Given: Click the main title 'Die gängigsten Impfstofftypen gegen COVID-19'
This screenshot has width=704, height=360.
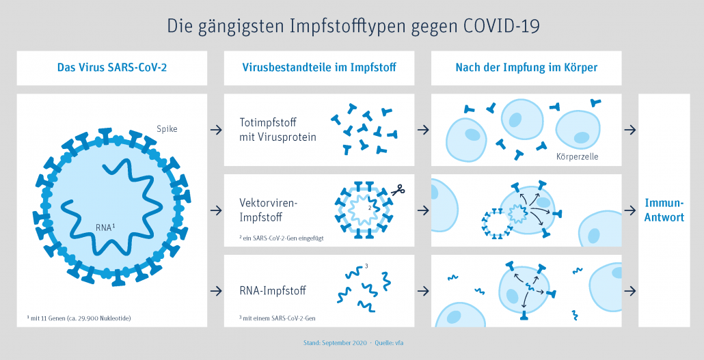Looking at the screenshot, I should click(353, 26).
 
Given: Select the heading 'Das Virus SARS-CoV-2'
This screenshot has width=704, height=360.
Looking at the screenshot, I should click(112, 68).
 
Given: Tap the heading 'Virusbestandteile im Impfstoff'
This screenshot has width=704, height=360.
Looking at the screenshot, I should click(319, 68).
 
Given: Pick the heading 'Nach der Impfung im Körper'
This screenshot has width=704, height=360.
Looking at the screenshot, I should click(526, 68).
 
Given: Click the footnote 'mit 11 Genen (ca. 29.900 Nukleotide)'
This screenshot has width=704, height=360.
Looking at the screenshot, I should click(79, 318).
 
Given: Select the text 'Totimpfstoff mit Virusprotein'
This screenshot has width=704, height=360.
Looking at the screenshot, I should click(278, 130).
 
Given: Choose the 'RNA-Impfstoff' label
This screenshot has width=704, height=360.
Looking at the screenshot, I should click(273, 290).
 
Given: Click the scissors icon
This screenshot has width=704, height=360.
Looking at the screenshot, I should click(398, 189).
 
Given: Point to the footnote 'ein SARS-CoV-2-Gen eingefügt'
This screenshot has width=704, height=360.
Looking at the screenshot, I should click(282, 238).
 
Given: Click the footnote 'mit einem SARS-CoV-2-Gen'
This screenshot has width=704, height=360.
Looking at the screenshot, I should click(277, 318).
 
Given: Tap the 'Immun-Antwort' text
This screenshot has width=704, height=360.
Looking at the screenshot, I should click(664, 210).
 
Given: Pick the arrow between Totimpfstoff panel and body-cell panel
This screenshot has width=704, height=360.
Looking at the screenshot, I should click(422, 130).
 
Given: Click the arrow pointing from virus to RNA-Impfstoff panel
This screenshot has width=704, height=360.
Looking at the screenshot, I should click(216, 290).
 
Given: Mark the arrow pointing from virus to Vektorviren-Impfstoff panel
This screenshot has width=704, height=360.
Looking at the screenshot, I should click(216, 210).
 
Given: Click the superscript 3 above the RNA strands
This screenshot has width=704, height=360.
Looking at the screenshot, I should click(367, 266).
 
